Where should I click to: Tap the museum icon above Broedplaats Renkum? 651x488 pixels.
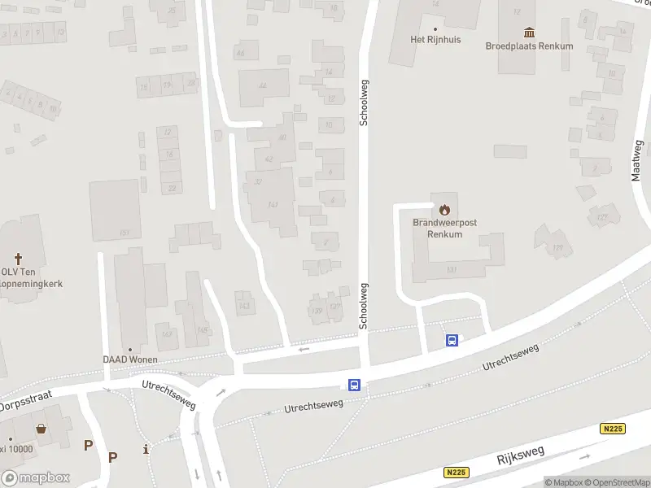point(530,33)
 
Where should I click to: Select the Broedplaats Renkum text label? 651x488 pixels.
point(529,46)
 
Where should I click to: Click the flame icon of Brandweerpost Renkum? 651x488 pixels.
point(444,210)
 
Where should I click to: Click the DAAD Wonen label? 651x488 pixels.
point(130,359)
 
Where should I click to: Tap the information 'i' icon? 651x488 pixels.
point(145,449)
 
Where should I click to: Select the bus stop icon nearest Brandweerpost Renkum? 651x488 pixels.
point(452,340)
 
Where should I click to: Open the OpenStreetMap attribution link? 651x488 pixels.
point(616,482)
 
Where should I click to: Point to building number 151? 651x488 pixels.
point(124,233)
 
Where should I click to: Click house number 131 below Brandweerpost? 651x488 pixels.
point(452,269)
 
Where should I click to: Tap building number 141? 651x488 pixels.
point(273,204)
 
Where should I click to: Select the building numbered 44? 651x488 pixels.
point(262,85)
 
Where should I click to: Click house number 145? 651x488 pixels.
point(201,329)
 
